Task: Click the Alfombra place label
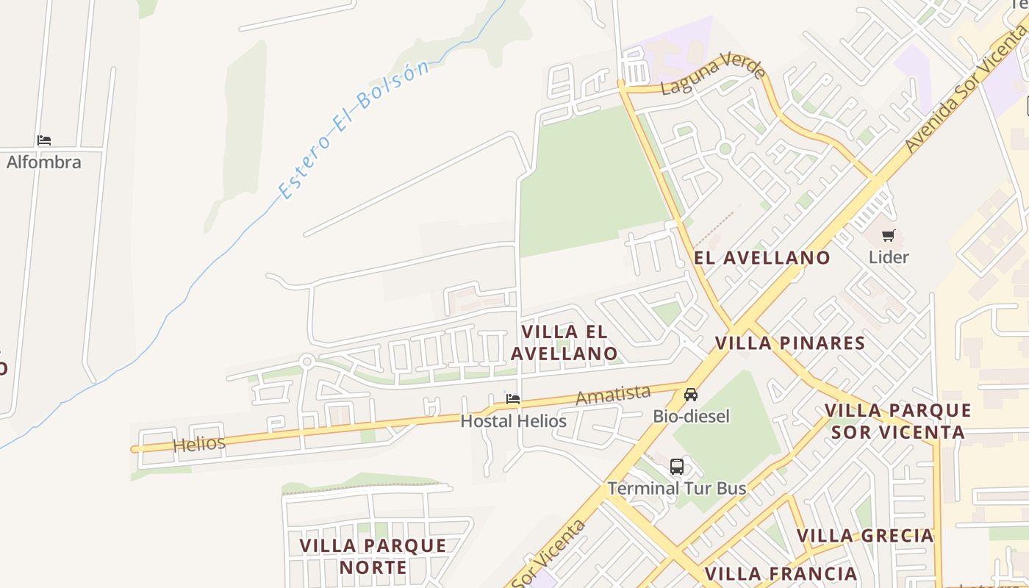click(44, 162)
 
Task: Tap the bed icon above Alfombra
click(44, 140)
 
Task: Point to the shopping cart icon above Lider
click(889, 236)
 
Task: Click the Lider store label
click(889, 257)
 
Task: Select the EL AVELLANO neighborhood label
click(762, 258)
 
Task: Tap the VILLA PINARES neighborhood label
click(790, 343)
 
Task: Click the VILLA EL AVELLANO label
click(564, 343)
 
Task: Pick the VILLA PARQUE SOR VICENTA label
click(897, 421)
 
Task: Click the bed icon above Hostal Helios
click(513, 399)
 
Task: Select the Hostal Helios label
click(513, 421)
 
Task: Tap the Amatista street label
click(613, 395)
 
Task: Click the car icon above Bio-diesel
click(691, 395)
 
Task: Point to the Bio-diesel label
click(691, 417)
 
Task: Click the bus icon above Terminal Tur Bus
click(676, 467)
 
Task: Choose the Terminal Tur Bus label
click(676, 488)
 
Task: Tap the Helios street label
click(198, 443)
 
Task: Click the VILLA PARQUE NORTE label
click(373, 556)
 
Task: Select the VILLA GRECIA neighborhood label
click(865, 535)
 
